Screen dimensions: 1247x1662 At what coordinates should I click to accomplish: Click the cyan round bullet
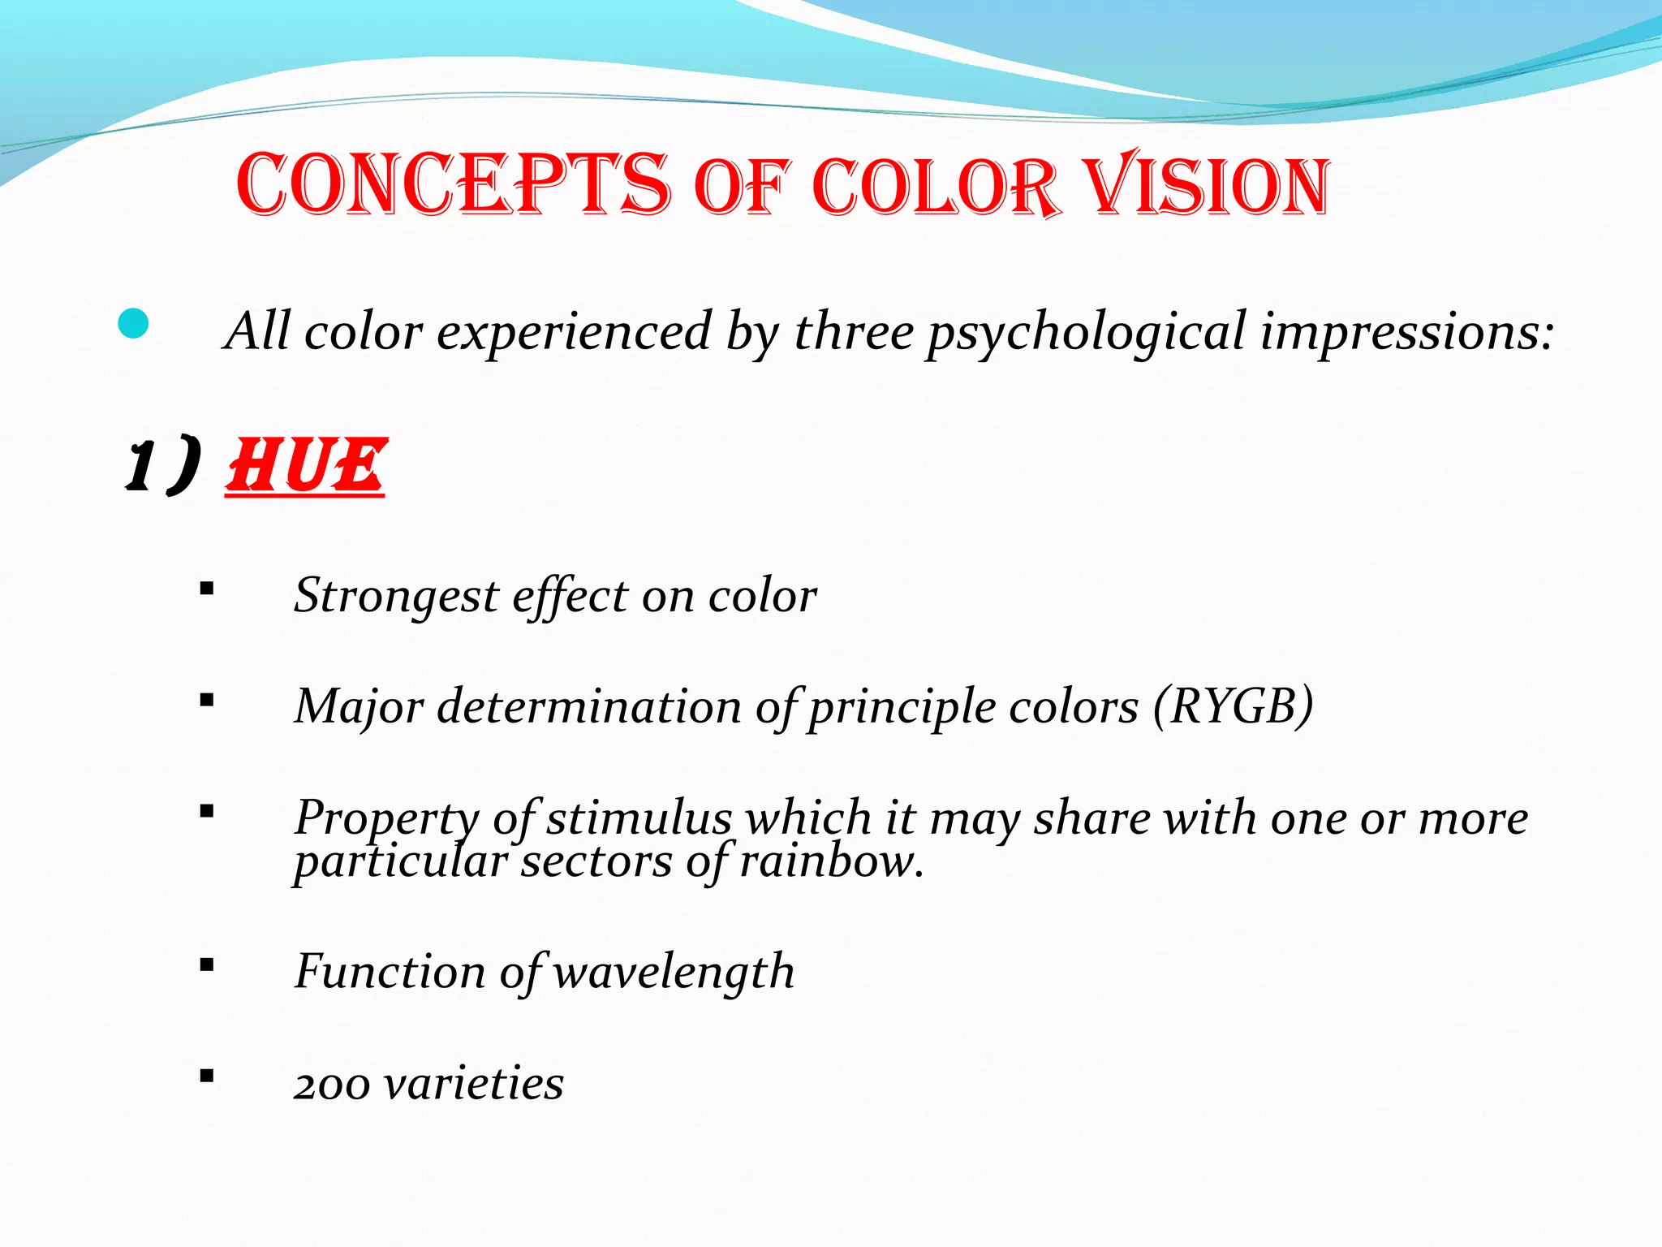133,325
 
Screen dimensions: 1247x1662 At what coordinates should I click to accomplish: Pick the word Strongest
395,597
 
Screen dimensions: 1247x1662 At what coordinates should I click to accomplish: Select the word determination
588,706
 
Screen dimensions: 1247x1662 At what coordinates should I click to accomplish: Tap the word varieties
474,1084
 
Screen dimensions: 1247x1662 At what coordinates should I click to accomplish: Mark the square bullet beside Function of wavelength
207,965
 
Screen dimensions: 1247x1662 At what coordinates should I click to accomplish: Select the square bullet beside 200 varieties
207,1077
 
